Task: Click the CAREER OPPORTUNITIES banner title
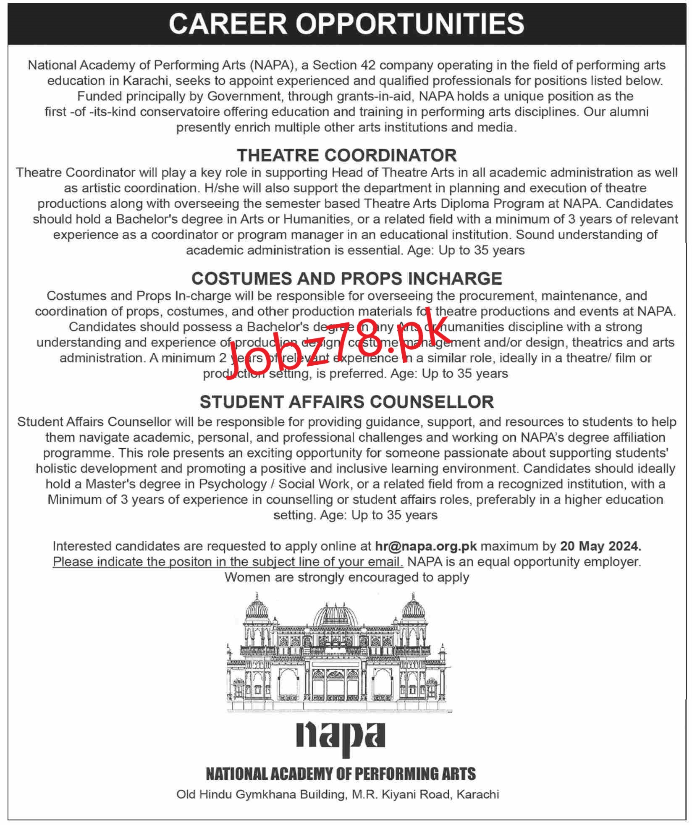coord(346,24)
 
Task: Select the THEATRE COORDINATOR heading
coord(346,155)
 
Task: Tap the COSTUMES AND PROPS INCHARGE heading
coord(346,278)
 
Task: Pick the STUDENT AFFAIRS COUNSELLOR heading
coord(346,402)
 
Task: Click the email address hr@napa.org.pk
coord(426,546)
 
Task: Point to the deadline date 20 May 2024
coord(600,546)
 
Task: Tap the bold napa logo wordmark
coord(341,736)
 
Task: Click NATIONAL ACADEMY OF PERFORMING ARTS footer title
coord(341,774)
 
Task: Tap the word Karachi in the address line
coord(477,794)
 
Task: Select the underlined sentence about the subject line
coord(228,562)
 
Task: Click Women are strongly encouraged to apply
coord(346,577)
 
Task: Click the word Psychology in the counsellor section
coord(233,484)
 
